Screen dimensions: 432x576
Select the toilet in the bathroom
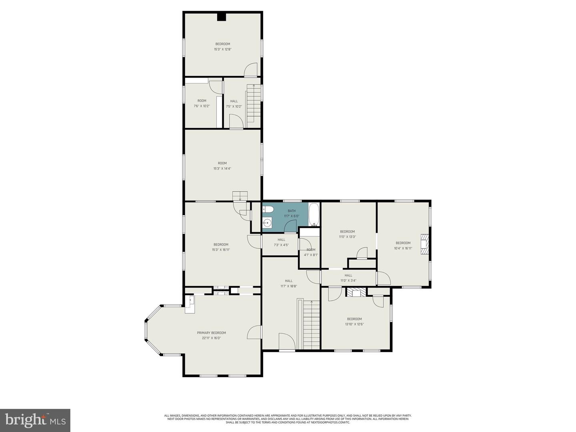[268, 209]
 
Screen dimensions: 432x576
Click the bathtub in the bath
[314, 215]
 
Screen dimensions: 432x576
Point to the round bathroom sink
[267, 223]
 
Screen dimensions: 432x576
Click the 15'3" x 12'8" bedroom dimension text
[222, 50]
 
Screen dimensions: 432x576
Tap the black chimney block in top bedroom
[222, 17]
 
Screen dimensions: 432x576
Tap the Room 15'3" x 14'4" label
[222, 166]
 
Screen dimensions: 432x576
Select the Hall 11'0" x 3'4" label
[348, 278]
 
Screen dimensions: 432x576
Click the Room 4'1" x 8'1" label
[311, 252]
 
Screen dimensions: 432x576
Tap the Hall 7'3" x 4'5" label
[281, 242]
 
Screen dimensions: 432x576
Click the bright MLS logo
[35, 420]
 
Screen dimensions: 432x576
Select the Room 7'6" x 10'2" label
[202, 103]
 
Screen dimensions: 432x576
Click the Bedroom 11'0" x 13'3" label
[347, 234]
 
